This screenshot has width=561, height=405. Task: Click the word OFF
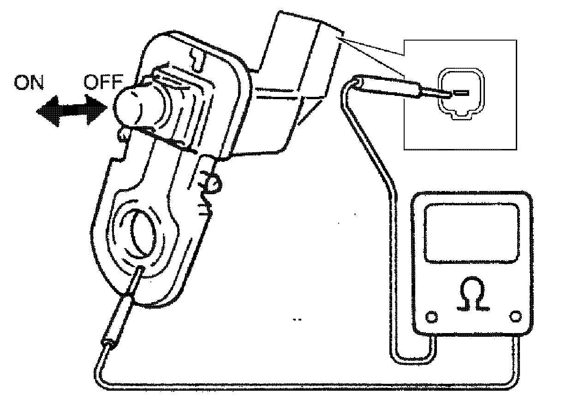click(102, 83)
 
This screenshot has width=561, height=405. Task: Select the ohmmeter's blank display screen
click(472, 233)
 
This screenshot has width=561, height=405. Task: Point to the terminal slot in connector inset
click(461, 93)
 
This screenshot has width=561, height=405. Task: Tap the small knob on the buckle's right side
click(213, 183)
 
